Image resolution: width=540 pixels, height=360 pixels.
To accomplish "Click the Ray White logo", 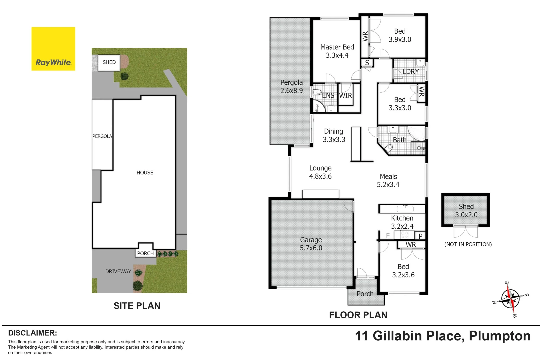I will [53, 49].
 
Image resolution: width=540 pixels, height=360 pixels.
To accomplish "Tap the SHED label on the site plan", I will [109, 62].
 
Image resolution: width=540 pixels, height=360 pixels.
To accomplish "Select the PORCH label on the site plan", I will [145, 253].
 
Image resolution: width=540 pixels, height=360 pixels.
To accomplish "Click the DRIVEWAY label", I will [118, 271].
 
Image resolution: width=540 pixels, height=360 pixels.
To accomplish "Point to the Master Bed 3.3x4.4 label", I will [337, 51].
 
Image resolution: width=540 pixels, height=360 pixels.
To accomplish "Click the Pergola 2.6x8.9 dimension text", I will [291, 91].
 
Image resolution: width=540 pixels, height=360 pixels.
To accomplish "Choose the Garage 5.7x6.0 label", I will [311, 244].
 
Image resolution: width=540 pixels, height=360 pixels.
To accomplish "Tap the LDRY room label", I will [411, 72].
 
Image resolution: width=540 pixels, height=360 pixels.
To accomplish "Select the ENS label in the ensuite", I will [328, 96].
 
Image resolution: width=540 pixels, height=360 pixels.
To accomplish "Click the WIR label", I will [345, 96].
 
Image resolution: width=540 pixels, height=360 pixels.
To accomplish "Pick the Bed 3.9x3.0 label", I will [400, 35].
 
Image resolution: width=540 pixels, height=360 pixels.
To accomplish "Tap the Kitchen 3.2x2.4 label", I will [402, 222].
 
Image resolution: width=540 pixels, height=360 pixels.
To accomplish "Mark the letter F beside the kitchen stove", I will [388, 235].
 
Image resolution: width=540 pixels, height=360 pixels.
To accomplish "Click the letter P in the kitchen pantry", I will [420, 236].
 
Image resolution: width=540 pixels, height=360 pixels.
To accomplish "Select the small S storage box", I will [367, 63].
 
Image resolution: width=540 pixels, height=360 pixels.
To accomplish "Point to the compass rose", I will [510, 299].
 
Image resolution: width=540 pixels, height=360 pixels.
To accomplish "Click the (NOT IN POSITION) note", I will [468, 244].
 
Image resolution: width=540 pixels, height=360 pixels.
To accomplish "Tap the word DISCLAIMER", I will [32, 333].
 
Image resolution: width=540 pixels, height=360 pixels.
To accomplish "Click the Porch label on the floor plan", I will [365, 294].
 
